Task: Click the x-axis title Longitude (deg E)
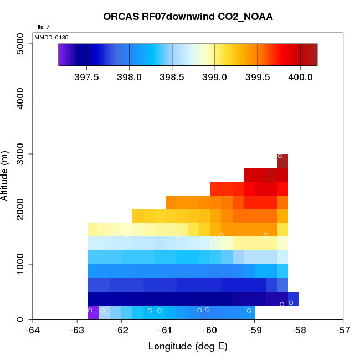188,347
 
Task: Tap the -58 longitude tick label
299,331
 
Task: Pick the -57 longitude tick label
343,331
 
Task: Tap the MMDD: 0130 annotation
52,37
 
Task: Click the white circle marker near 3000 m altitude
280,156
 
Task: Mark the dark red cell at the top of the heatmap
282,161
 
